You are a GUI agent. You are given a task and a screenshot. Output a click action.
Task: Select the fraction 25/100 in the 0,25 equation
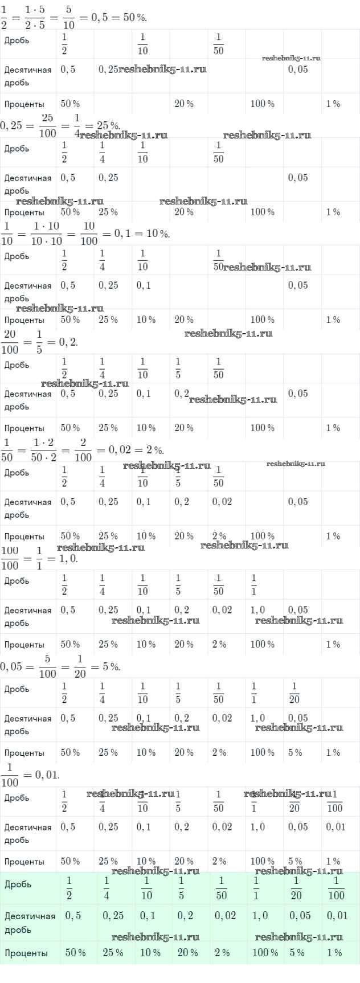tap(48, 125)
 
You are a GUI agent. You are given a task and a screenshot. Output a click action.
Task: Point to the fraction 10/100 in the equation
tap(89, 234)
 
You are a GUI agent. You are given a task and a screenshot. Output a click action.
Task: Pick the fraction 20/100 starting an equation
tap(10, 342)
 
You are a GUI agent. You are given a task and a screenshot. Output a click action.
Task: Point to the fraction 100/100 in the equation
tap(10, 558)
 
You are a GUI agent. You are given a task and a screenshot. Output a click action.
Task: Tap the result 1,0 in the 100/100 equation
tap(68, 559)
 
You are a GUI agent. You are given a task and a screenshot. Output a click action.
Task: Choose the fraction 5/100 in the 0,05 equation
tap(48, 666)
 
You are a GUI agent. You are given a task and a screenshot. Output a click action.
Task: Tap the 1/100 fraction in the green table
tap(336, 888)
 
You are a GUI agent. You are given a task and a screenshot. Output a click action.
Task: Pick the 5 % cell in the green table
tap(296, 952)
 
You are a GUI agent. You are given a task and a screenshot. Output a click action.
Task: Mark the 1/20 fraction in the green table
tap(296, 888)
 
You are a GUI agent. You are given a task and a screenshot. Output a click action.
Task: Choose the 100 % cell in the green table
tap(265, 952)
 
